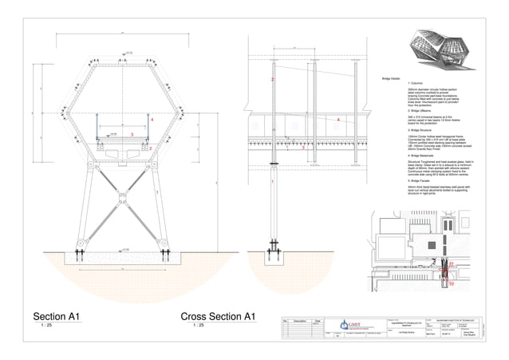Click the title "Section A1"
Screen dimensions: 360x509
[x=56, y=315]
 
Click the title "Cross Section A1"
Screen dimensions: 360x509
[x=218, y=315]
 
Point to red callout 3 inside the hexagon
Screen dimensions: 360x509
[x=131, y=136]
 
